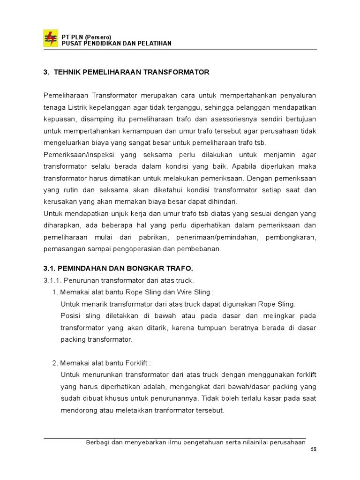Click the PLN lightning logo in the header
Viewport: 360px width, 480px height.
(x=50, y=38)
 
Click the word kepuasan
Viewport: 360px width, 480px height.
(x=58, y=119)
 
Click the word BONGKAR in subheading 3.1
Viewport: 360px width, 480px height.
(x=140, y=269)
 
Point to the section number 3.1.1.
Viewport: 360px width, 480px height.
(x=52, y=280)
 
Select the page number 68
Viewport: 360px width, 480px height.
(x=314, y=450)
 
